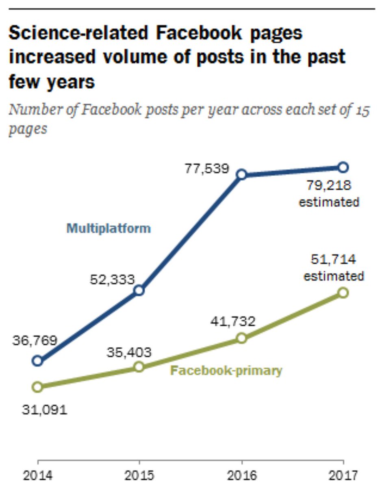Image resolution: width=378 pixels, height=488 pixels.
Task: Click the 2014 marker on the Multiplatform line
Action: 37,360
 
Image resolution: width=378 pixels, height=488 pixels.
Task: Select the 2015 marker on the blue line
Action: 139,290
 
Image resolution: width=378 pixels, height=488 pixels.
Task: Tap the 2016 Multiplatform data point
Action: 241,174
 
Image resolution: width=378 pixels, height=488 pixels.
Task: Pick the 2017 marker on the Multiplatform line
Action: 343,167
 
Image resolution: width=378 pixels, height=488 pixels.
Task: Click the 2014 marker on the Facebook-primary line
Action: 37,386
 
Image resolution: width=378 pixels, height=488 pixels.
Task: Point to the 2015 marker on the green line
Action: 139,367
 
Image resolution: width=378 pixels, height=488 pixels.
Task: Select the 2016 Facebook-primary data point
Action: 241,338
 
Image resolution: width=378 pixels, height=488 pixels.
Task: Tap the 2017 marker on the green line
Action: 343,293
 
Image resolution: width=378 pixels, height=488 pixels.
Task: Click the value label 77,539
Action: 207,169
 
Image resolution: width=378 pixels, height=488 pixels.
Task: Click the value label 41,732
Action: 233,322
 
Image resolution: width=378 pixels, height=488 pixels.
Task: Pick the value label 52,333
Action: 112,279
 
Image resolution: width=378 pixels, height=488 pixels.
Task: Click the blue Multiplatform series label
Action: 109,228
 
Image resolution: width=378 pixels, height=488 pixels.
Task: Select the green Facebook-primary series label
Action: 226,371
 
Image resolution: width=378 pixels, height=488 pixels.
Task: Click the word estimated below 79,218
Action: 329,202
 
